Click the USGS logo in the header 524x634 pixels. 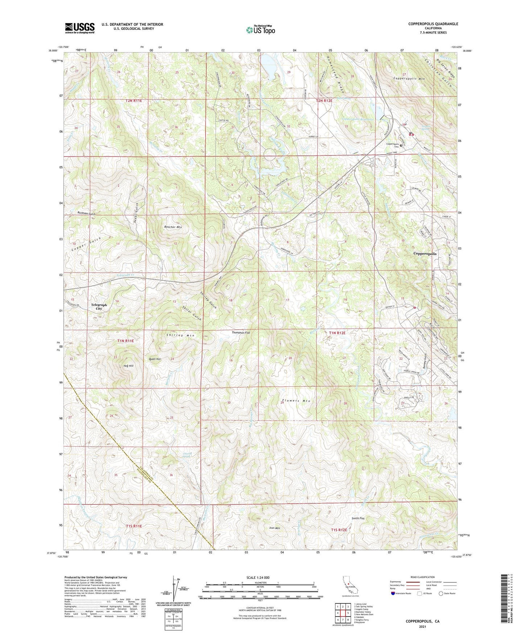click(80, 28)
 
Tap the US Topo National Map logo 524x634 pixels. click(260, 29)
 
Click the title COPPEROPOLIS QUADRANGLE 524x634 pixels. click(433, 24)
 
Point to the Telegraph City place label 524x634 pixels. click(99, 307)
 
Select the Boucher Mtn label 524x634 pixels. click(173, 227)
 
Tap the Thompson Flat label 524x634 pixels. click(241, 333)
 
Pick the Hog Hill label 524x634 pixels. click(128, 366)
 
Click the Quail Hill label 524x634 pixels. click(155, 359)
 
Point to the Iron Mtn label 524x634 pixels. click(275, 528)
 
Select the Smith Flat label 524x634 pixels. click(358, 518)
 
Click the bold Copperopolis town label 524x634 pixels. click(425, 253)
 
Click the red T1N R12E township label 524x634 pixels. click(337, 333)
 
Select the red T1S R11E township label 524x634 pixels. click(134, 526)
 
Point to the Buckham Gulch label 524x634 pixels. click(86, 214)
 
